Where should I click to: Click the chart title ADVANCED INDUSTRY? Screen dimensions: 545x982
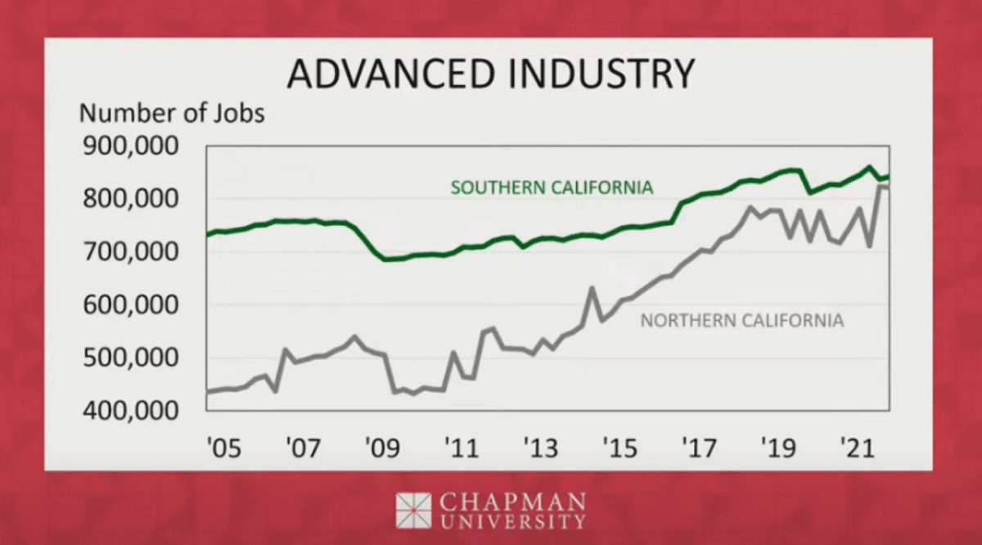pos(491,74)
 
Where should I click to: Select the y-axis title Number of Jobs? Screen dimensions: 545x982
pos(171,113)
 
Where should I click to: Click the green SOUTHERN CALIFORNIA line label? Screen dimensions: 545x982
pos(552,187)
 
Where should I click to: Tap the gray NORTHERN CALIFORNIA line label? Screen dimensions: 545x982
pos(741,320)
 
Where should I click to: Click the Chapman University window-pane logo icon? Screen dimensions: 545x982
pos(413,510)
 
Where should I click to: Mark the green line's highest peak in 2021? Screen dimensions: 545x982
pos(868,167)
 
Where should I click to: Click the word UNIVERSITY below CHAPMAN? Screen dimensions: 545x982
pos(513,520)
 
